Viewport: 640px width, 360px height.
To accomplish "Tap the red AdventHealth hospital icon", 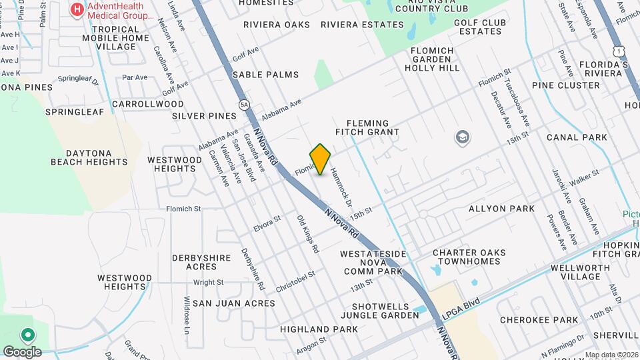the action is (78, 9).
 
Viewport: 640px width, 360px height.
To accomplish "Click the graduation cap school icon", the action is (461, 138).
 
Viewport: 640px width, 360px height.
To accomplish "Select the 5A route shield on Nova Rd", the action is (244, 105).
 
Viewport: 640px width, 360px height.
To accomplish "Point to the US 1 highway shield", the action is (621, 51).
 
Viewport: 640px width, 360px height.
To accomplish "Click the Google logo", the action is (21, 351).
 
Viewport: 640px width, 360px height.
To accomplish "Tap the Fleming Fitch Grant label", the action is (373, 127).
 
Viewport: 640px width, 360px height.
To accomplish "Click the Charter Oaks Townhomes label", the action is (469, 257).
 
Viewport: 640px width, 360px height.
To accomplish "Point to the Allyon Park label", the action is (501, 209).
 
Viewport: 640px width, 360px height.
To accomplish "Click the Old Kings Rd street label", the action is (307, 234).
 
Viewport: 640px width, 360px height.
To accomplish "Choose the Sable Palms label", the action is (265, 75).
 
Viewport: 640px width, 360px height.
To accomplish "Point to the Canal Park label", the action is (577, 137).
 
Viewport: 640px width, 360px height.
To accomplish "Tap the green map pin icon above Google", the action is (28, 335).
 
